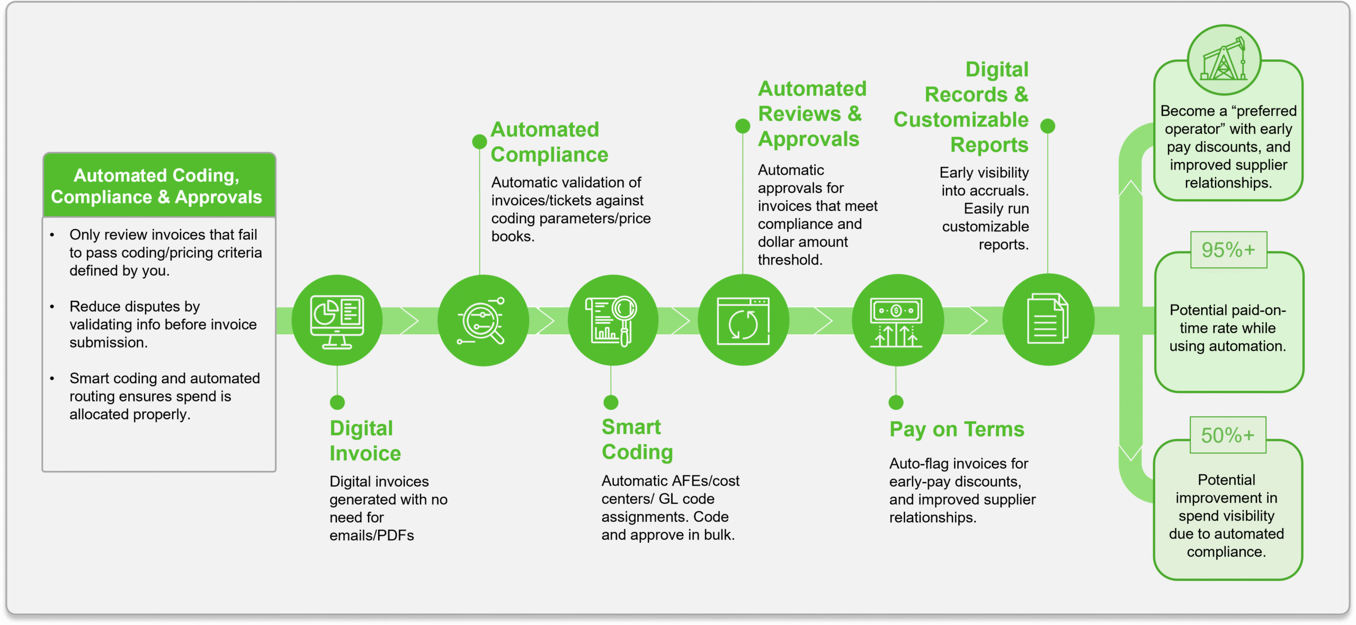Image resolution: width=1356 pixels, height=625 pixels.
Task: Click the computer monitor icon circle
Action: (x=337, y=320)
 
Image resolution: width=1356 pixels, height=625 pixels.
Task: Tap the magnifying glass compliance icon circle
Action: (x=483, y=320)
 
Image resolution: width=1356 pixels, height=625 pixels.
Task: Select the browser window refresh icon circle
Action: (x=743, y=320)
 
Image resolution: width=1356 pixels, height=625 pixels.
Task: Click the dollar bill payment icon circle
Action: (x=897, y=320)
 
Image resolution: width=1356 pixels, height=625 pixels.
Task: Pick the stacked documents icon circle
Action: (x=1048, y=320)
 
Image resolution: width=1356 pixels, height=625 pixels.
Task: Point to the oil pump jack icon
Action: (x=1224, y=60)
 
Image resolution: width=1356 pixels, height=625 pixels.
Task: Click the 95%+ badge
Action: (x=1228, y=250)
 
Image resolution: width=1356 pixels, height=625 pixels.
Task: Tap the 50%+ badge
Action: (x=1228, y=435)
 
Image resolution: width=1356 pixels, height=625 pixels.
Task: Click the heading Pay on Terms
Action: (x=957, y=430)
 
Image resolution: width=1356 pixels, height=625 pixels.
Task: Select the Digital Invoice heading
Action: (x=365, y=441)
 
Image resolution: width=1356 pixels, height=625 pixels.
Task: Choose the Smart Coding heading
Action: (x=637, y=440)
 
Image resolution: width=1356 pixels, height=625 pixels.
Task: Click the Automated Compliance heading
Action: (x=549, y=142)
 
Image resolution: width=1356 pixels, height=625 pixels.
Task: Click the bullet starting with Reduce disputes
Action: (x=163, y=324)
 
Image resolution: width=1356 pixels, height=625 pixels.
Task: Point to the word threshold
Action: (x=790, y=260)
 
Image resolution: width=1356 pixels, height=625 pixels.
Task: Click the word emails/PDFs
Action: (x=372, y=535)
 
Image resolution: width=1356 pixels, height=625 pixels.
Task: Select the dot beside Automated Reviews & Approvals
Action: (x=743, y=126)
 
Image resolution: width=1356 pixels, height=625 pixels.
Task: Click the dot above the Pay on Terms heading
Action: (x=896, y=403)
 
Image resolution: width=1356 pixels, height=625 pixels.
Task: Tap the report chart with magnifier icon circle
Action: (x=612, y=320)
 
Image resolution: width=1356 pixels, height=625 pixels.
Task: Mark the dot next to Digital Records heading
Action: (x=1048, y=126)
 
